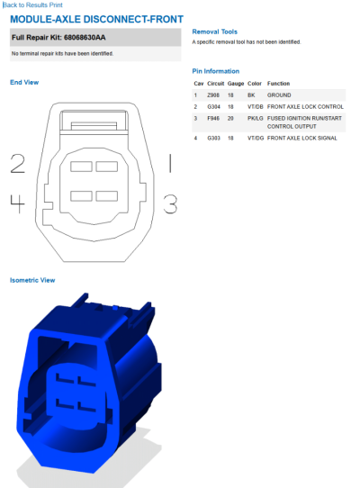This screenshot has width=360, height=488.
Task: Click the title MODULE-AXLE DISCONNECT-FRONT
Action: coord(97,19)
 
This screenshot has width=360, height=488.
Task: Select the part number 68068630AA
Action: coord(85,37)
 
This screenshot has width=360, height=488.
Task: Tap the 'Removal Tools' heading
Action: coord(215,32)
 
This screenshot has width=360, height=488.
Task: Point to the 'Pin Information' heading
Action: coord(216,71)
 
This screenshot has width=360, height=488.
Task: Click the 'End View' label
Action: coord(24,82)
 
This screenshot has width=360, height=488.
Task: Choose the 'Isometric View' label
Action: coord(32,280)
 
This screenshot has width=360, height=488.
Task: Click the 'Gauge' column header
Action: coord(236,84)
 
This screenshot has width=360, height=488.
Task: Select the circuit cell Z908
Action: coord(213,95)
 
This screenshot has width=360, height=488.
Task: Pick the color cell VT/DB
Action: coord(256,107)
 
